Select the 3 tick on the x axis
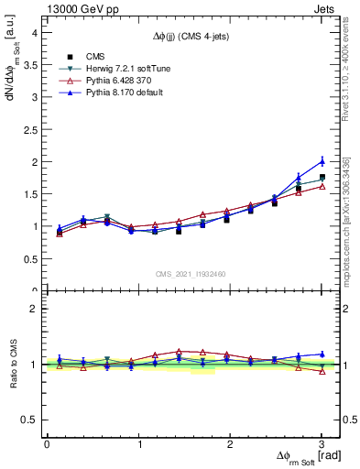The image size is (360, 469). click(322, 444)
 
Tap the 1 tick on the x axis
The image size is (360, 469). click(138, 444)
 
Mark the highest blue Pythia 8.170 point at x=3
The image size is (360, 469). click(322, 161)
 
